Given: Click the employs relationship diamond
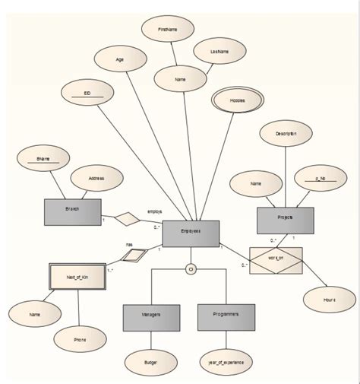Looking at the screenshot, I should click(128, 219).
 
